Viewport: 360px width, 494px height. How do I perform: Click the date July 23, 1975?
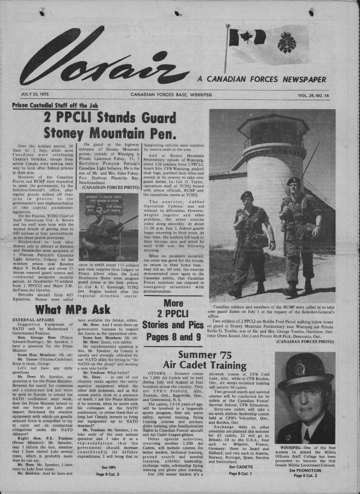pyautogui.click(x=37, y=95)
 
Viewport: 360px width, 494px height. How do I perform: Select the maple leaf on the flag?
pyautogui.click(x=246, y=37)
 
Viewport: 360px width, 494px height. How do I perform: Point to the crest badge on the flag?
pyautogui.click(x=287, y=42)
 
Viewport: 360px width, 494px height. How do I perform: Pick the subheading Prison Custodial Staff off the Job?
pyautogui.click(x=55, y=105)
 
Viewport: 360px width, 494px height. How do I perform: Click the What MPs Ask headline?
pyautogui.click(x=72, y=310)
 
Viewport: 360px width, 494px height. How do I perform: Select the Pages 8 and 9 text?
pyautogui.click(x=173, y=336)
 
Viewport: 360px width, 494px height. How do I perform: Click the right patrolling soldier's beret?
pyautogui.click(x=293, y=181)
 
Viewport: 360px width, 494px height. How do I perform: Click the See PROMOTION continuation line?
pyautogui.click(x=305, y=470)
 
